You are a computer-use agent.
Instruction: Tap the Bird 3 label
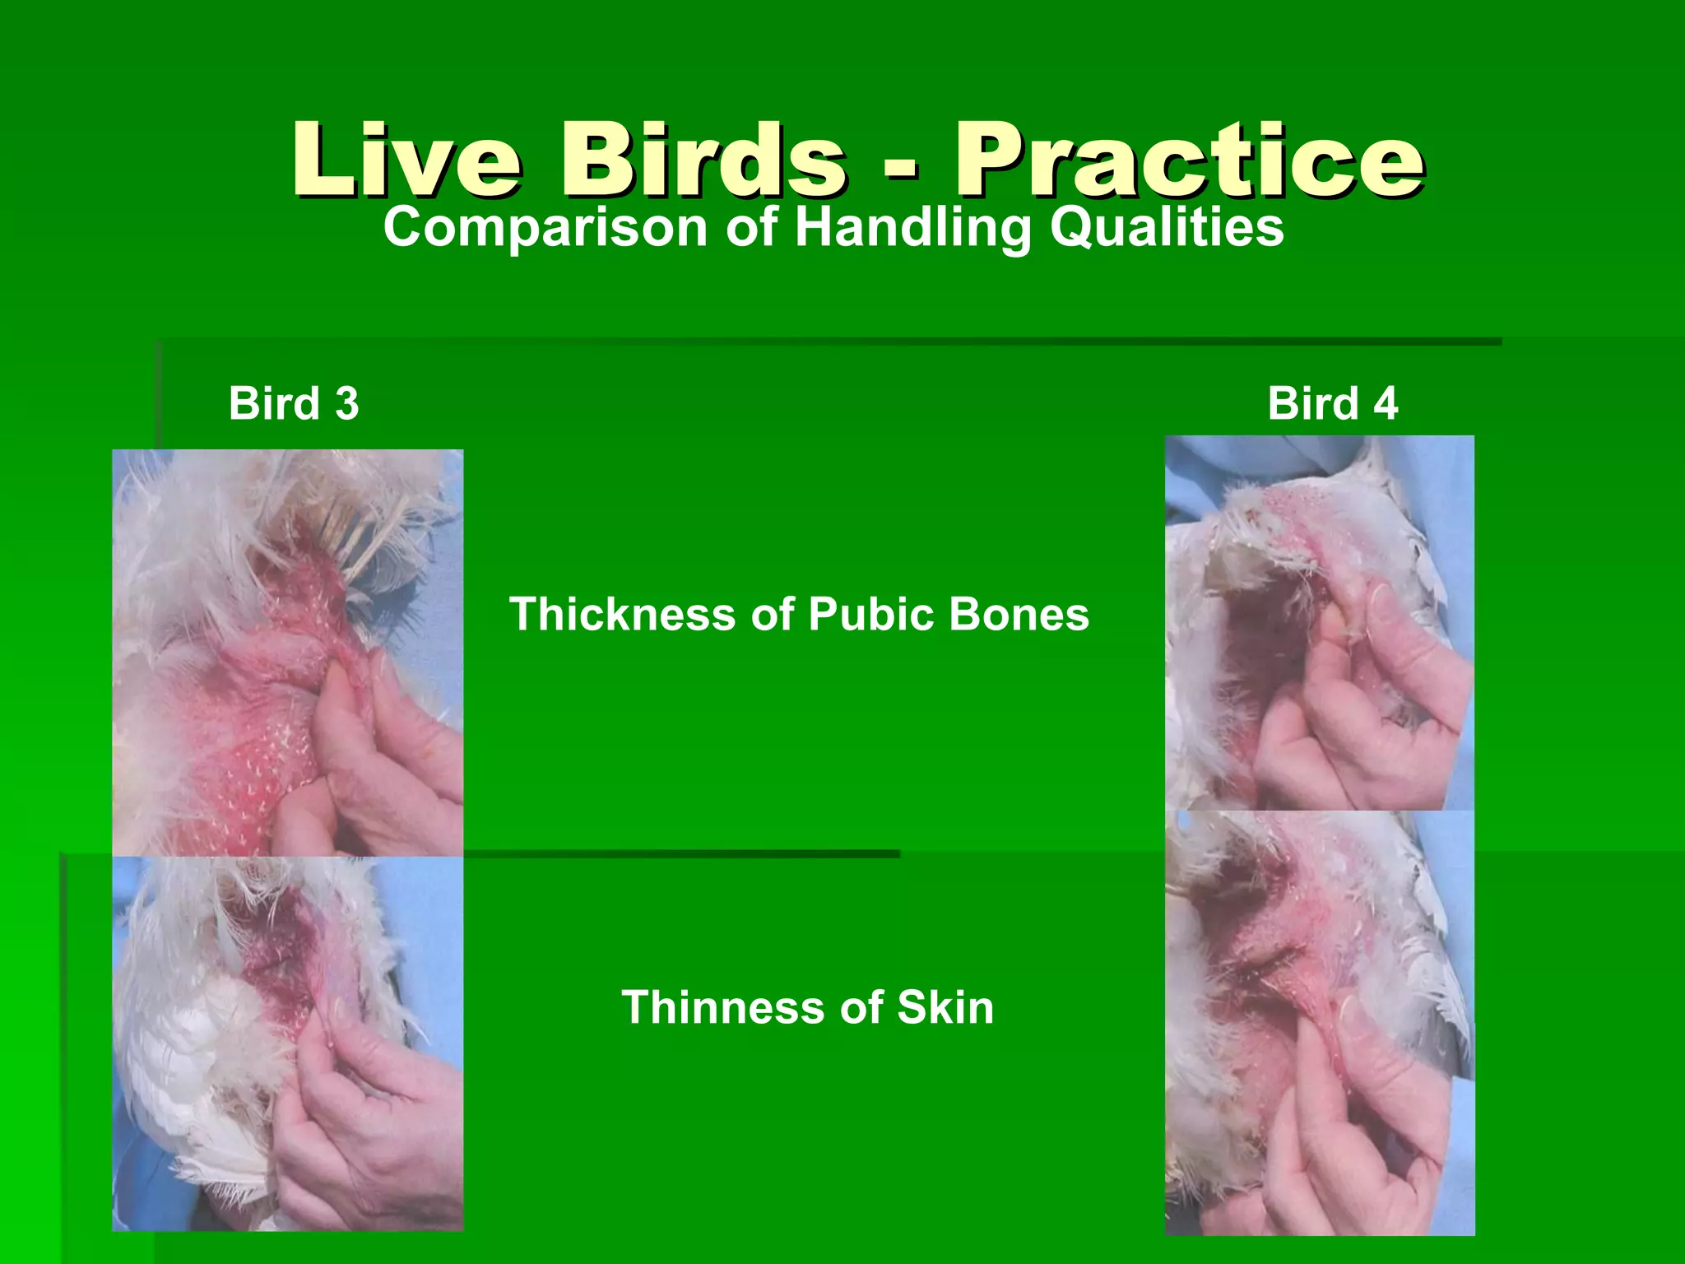pos(294,404)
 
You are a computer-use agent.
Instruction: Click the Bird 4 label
pos(1332,404)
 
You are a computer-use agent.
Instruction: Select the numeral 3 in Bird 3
pos(347,404)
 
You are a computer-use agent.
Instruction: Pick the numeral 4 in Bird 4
pos(1386,404)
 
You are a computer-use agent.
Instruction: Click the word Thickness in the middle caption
pos(622,615)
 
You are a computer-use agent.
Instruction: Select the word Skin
pos(945,1007)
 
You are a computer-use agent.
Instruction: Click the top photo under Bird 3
pos(287,653)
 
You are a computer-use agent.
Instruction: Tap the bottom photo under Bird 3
pos(287,1043)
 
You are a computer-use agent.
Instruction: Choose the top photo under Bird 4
pos(1320,623)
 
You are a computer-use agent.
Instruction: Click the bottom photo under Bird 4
pos(1320,1023)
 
